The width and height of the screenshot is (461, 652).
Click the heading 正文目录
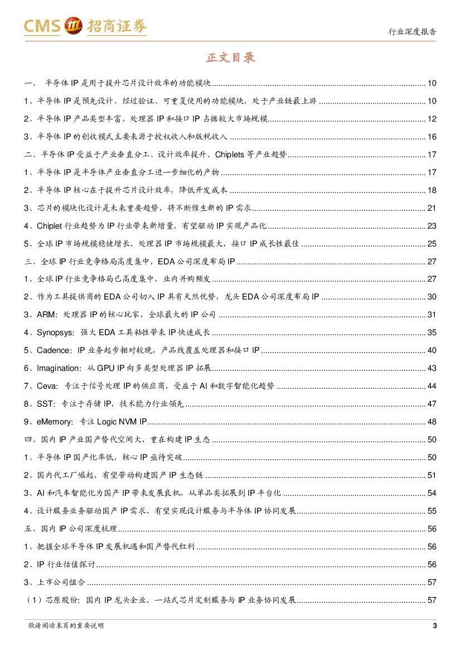pos(230,58)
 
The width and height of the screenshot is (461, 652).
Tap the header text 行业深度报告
pos(412,32)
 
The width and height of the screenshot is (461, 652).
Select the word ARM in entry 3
pos(46,315)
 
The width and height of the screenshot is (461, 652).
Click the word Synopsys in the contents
pos(55,332)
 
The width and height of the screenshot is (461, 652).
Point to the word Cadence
pos(54,350)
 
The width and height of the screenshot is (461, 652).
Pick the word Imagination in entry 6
pos(59,368)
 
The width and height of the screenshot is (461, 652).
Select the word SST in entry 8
pos(45,404)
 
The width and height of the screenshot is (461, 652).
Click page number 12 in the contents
pos(432,119)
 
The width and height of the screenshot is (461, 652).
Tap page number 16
pos(432,137)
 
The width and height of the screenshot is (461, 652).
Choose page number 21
pos(432,208)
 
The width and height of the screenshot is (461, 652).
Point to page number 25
pos(432,244)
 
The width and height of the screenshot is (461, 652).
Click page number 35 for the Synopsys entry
pos(432,332)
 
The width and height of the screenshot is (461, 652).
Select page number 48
pos(432,422)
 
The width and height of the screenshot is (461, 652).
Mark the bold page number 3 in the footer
pos(434,625)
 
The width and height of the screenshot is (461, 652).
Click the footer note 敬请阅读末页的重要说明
pos(65,626)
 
